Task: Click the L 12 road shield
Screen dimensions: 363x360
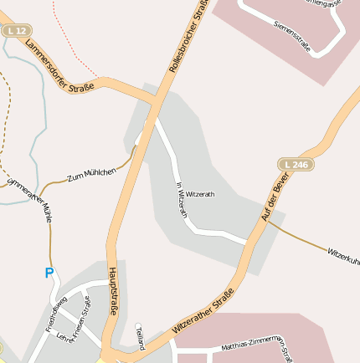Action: pos(15,30)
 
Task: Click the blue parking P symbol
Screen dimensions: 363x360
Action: pos(49,273)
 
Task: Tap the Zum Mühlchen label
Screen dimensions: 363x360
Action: pos(92,173)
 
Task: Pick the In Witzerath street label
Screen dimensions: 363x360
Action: pos(182,200)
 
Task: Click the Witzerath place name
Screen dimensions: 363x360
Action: pos(200,194)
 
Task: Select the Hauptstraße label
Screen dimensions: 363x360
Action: pos(113,293)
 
